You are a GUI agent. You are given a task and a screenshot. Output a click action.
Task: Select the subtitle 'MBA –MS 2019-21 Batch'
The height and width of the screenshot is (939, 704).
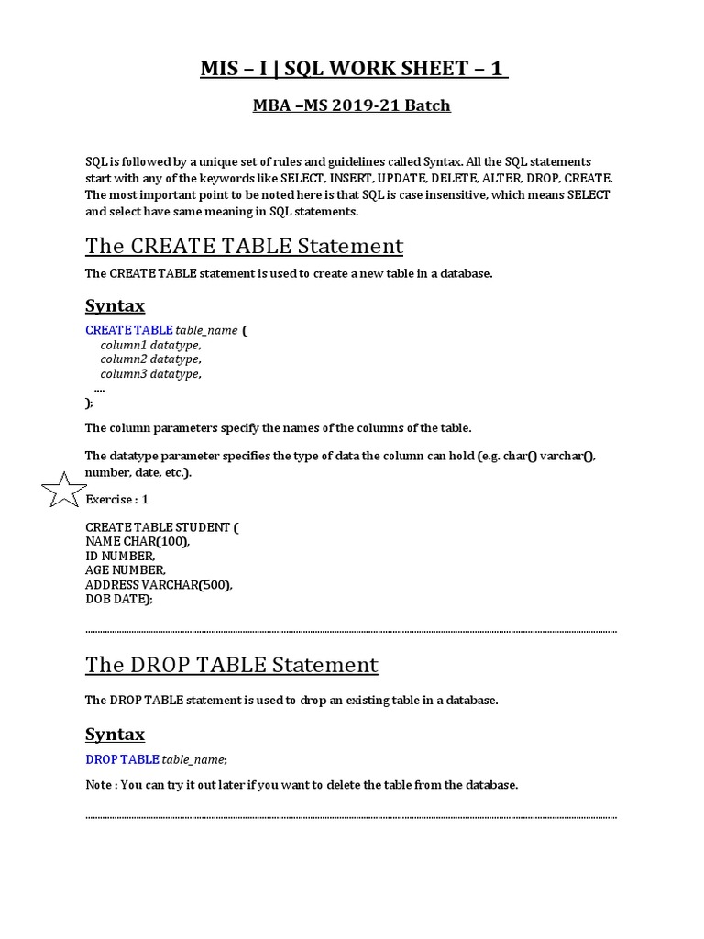pos(352,105)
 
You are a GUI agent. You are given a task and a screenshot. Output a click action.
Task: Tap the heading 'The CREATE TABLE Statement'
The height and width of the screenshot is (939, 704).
pos(244,246)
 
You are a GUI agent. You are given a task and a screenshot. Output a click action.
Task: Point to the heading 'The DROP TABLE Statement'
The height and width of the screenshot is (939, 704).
pos(231,664)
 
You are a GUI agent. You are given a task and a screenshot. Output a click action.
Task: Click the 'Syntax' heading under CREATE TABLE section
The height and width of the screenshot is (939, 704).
pos(115,305)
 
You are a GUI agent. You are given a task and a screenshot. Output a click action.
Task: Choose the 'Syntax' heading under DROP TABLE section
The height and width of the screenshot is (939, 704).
pos(115,734)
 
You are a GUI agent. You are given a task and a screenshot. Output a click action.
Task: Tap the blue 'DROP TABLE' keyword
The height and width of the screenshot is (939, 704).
pos(122,759)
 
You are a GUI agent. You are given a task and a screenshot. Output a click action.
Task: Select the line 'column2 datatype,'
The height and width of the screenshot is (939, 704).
pos(150,359)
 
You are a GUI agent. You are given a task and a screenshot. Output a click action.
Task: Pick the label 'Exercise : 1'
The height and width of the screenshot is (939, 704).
pos(116,500)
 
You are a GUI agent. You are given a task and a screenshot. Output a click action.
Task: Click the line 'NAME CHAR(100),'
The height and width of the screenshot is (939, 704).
pos(137,541)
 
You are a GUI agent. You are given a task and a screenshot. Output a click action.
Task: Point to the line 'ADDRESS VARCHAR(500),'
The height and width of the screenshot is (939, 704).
pos(159,584)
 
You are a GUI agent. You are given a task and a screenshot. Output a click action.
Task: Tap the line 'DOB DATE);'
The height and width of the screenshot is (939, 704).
pos(119,599)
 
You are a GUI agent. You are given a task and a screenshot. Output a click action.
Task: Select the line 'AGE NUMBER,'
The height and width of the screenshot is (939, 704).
pos(126,569)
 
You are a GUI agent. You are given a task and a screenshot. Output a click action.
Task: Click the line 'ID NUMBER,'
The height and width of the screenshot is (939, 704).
pos(120,556)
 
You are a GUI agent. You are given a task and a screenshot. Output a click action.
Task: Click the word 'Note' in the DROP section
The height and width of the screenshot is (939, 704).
pos(100,785)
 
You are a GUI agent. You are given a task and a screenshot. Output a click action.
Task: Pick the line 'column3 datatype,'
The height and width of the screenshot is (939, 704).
pos(150,374)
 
